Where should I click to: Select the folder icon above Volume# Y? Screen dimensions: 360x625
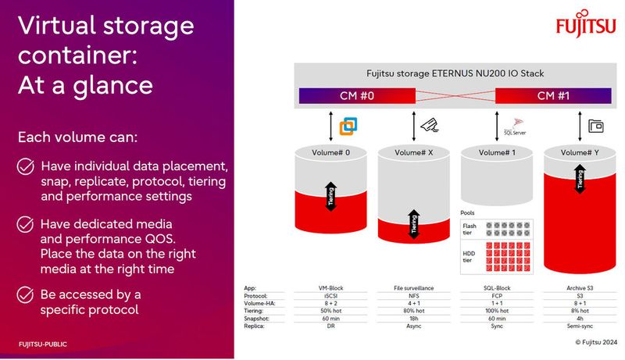pyautogui.click(x=596, y=124)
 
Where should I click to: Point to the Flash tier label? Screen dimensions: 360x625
pyautogui.click(x=469, y=228)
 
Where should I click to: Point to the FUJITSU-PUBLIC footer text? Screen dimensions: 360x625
pyautogui.click(x=46, y=344)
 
